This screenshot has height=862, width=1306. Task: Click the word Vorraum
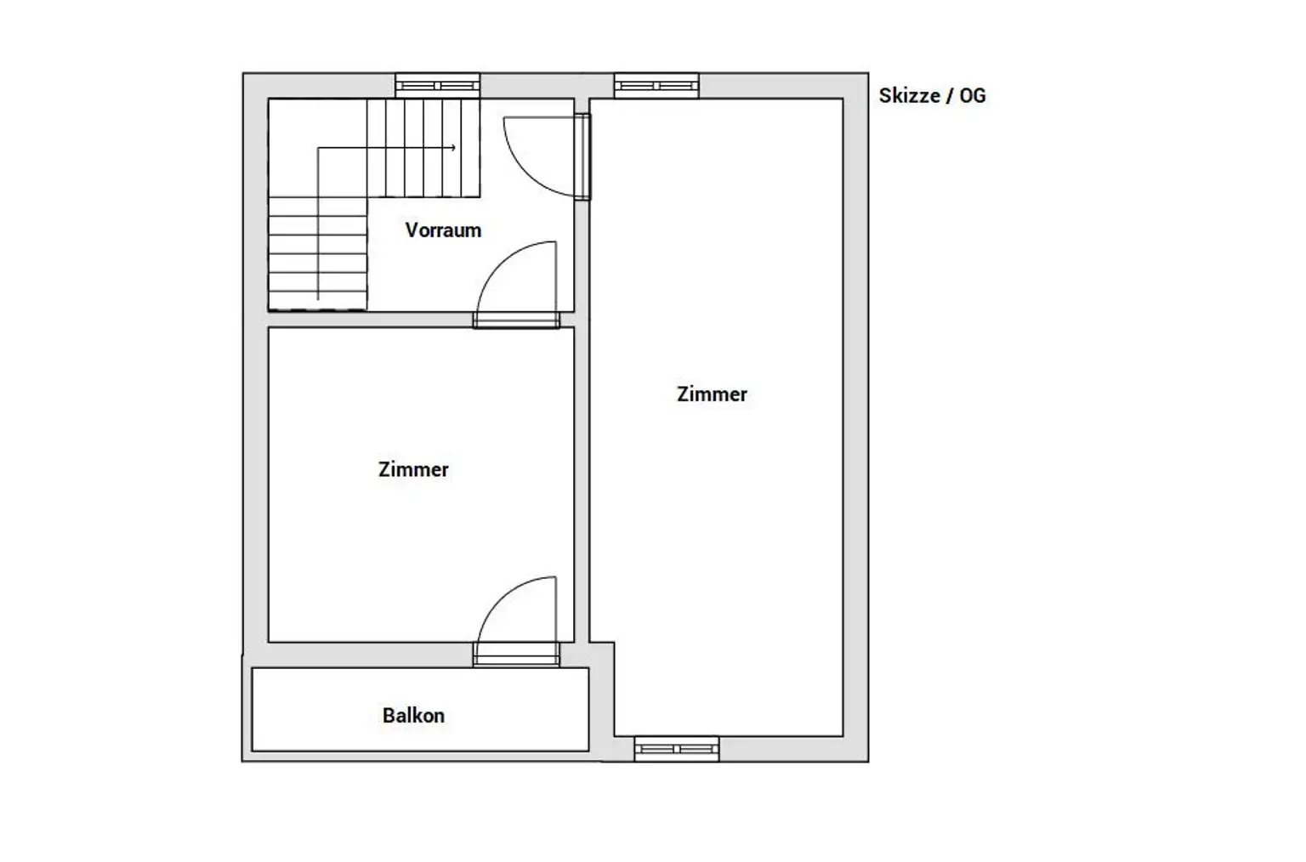[x=443, y=230]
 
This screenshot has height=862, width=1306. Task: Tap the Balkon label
[x=413, y=715]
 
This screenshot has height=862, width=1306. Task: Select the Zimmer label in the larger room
[x=712, y=394]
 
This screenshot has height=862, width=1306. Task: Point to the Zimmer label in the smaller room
[x=413, y=469]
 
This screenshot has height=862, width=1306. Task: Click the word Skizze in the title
[x=910, y=95]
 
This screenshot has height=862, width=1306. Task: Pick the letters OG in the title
[x=973, y=95]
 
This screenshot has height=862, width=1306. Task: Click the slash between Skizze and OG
[x=950, y=95]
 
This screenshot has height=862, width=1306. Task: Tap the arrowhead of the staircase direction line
[x=453, y=147]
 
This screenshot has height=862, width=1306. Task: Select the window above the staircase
[x=438, y=86]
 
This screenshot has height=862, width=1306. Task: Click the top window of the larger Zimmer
[x=656, y=86]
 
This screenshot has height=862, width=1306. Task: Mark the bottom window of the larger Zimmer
[x=676, y=749]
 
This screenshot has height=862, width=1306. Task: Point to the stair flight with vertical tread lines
[x=424, y=148]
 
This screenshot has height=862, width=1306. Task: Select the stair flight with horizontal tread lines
[x=318, y=253]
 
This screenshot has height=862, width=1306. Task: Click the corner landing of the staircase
[x=318, y=148]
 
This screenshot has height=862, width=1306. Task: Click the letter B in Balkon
[x=389, y=715]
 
